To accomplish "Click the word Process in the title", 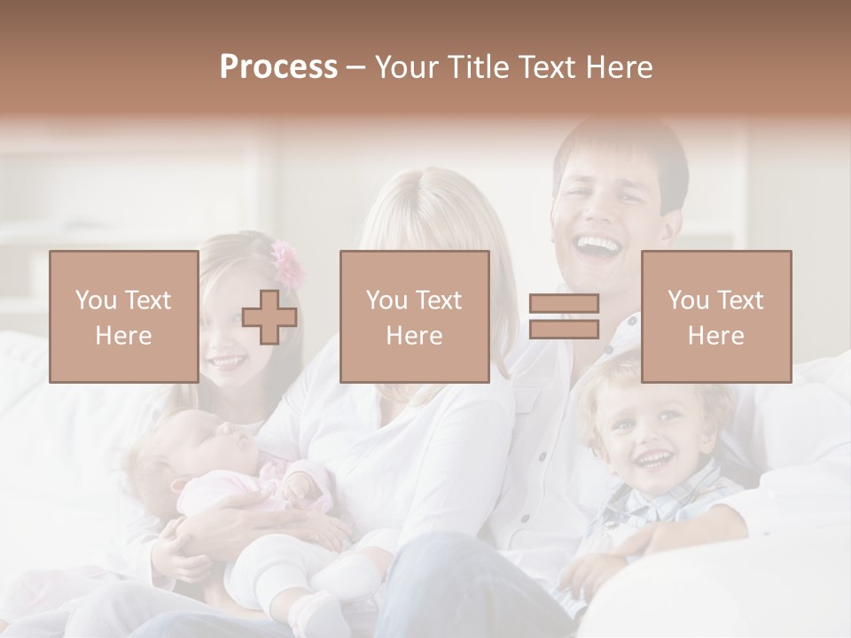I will click(x=278, y=67).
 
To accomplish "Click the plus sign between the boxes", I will click(x=269, y=317).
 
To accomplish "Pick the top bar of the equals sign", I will click(x=564, y=304).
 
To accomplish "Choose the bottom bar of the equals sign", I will click(x=564, y=329).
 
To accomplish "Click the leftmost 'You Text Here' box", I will click(x=123, y=316).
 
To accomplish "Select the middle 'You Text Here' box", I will click(x=414, y=316).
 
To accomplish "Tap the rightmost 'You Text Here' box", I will click(x=715, y=316).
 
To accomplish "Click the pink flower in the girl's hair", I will click(x=287, y=262).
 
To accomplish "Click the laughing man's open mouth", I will click(x=599, y=245).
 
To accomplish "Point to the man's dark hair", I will click(x=621, y=146).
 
